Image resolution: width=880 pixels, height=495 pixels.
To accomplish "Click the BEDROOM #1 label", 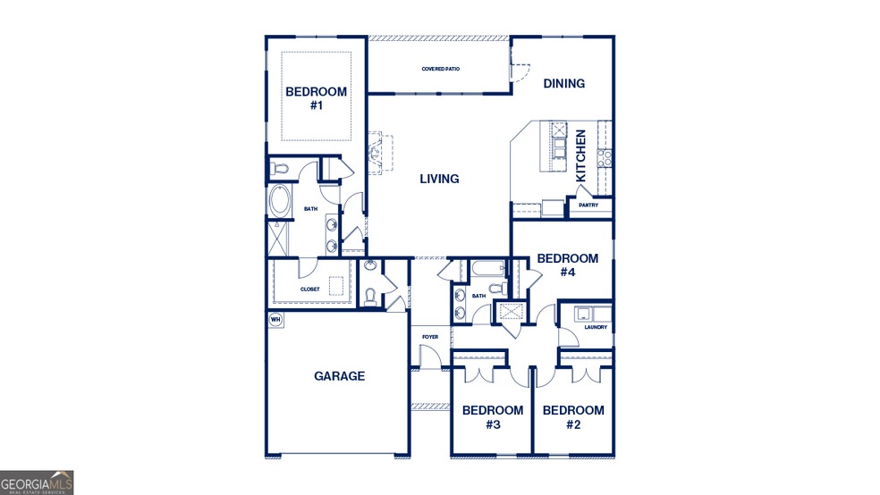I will point(316,98).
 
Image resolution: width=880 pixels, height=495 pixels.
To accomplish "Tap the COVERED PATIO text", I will point(440,69).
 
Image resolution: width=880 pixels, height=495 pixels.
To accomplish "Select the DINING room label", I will point(563,84).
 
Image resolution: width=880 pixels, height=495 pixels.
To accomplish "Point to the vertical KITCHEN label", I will point(580,155).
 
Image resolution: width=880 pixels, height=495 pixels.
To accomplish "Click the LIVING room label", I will point(439,179).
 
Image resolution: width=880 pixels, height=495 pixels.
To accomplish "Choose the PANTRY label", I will point(588,206).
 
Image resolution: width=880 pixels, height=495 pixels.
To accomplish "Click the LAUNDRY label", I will point(596,327).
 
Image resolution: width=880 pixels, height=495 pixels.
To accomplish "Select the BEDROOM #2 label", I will point(573,417).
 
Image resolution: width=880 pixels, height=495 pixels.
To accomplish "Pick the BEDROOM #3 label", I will point(492,417).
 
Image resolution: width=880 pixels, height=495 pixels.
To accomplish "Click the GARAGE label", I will point(339,376).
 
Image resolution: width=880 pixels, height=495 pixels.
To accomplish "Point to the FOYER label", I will point(430,337).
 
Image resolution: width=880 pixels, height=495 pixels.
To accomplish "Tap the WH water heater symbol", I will point(275,319).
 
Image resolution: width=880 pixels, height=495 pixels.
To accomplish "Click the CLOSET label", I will point(309,289).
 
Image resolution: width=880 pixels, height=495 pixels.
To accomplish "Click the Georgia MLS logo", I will point(37,482).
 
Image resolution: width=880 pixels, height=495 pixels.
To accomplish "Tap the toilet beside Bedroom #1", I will point(279,167).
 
